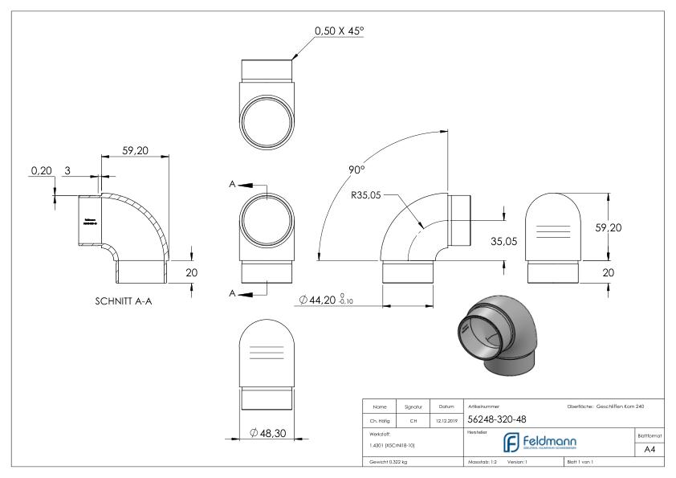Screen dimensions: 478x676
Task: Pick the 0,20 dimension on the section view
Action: coord(39,170)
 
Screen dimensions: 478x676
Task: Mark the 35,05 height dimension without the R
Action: coord(504,241)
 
